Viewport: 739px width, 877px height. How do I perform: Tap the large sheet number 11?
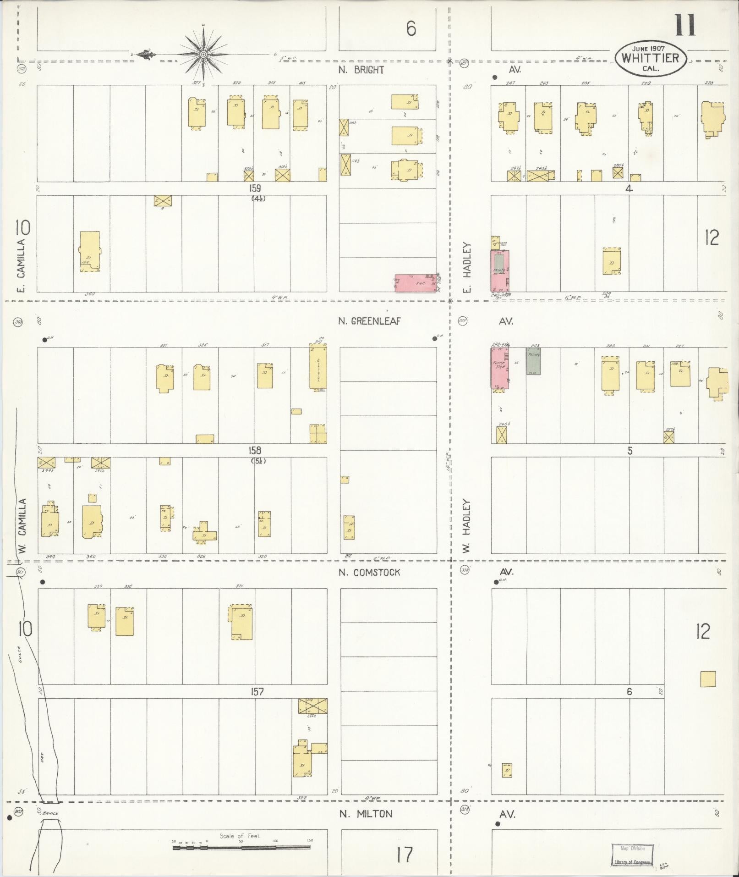pos(685,26)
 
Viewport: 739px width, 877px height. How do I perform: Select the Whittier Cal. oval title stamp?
pos(650,58)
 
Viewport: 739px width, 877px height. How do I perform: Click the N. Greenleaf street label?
pos(369,321)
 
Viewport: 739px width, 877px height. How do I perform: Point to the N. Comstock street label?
pos(369,573)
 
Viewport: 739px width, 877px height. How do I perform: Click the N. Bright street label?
pos(361,70)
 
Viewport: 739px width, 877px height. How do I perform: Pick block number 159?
pos(255,188)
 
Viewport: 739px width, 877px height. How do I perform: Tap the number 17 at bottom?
pos(404,855)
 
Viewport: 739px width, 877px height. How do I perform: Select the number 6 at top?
pos(411,29)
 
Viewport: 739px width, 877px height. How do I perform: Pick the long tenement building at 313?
pos(318,368)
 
